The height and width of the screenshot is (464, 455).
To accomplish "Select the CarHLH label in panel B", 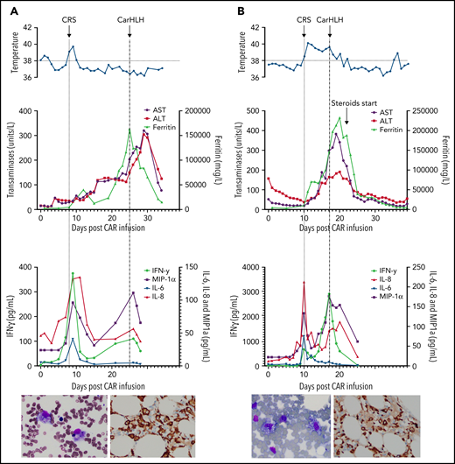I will point(330,17).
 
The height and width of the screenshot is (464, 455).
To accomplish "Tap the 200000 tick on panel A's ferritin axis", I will point(196,112).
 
